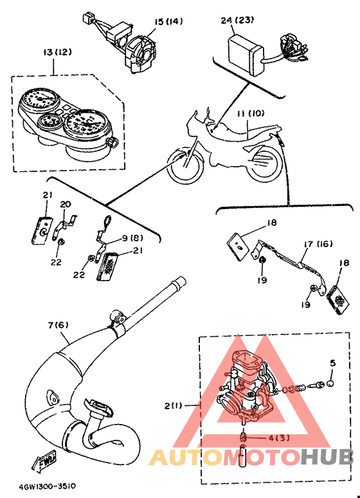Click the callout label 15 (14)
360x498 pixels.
(x=168, y=22)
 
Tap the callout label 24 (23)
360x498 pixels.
(x=237, y=20)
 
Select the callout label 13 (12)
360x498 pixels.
(x=57, y=51)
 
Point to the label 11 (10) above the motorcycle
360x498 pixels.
(x=251, y=113)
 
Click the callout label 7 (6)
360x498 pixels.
(x=58, y=325)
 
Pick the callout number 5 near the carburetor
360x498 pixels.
(x=332, y=363)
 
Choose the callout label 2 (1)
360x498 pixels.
(x=173, y=405)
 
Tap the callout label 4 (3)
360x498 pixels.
(x=279, y=438)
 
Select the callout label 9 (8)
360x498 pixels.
(x=132, y=237)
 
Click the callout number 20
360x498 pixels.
(x=66, y=204)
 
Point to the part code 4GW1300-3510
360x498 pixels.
(x=47, y=486)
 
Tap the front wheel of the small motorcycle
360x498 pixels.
(x=185, y=166)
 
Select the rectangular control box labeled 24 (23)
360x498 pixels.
(x=246, y=55)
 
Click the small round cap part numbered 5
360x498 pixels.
(x=330, y=383)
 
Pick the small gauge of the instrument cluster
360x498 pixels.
(x=48, y=121)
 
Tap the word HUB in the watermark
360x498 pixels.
(x=327, y=457)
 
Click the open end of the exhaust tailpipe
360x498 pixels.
(x=179, y=281)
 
